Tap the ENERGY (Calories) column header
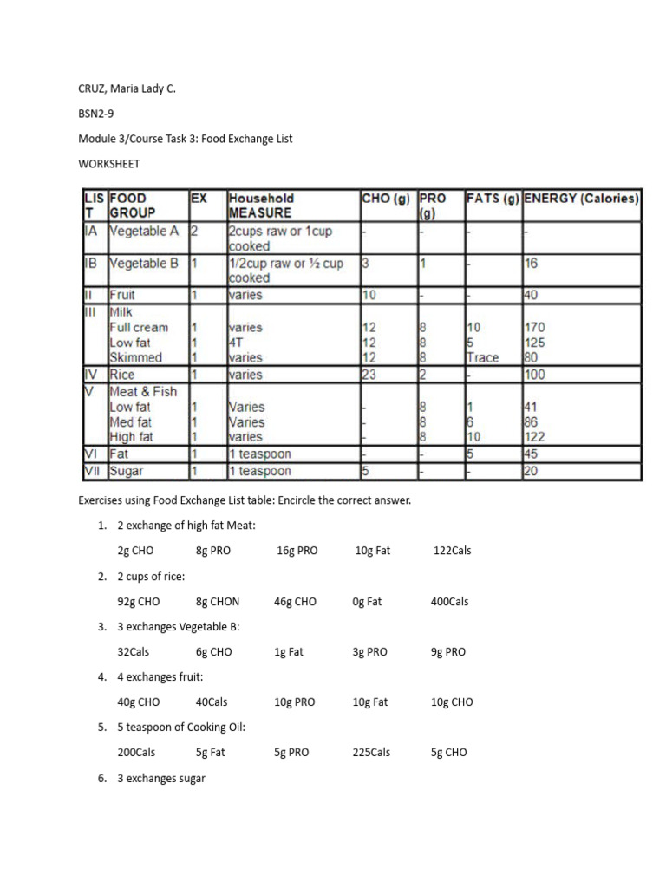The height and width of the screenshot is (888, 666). coord(581,199)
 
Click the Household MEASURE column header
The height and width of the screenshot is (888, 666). coord(261,206)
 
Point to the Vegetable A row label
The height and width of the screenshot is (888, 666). coord(144,232)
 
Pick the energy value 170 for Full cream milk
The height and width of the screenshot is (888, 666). coord(536,328)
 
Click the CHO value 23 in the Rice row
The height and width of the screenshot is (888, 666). coord(369,375)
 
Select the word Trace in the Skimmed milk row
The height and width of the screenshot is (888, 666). coord(482,357)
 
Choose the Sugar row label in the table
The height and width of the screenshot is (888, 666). coord(127,472)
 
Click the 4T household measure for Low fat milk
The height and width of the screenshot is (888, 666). coord(236,343)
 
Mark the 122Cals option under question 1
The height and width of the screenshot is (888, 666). coord(452,551)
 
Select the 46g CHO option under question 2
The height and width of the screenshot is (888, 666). coord(295,601)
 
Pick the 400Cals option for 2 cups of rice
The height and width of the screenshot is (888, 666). coord(449,601)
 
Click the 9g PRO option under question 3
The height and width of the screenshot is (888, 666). coord(448,652)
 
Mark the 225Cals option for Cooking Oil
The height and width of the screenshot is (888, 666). coord(371,753)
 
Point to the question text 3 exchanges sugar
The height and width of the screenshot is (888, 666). coord(161,779)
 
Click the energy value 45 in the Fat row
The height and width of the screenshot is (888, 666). coord(532,454)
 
